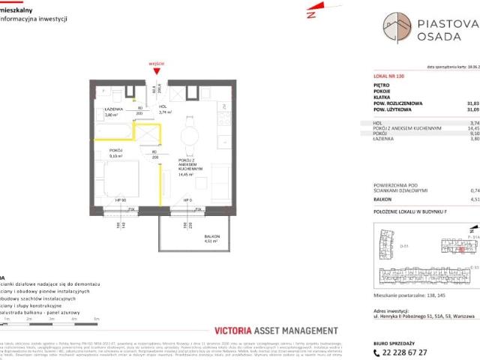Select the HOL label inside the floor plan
click(162, 106)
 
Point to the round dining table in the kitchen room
click(190, 136)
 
